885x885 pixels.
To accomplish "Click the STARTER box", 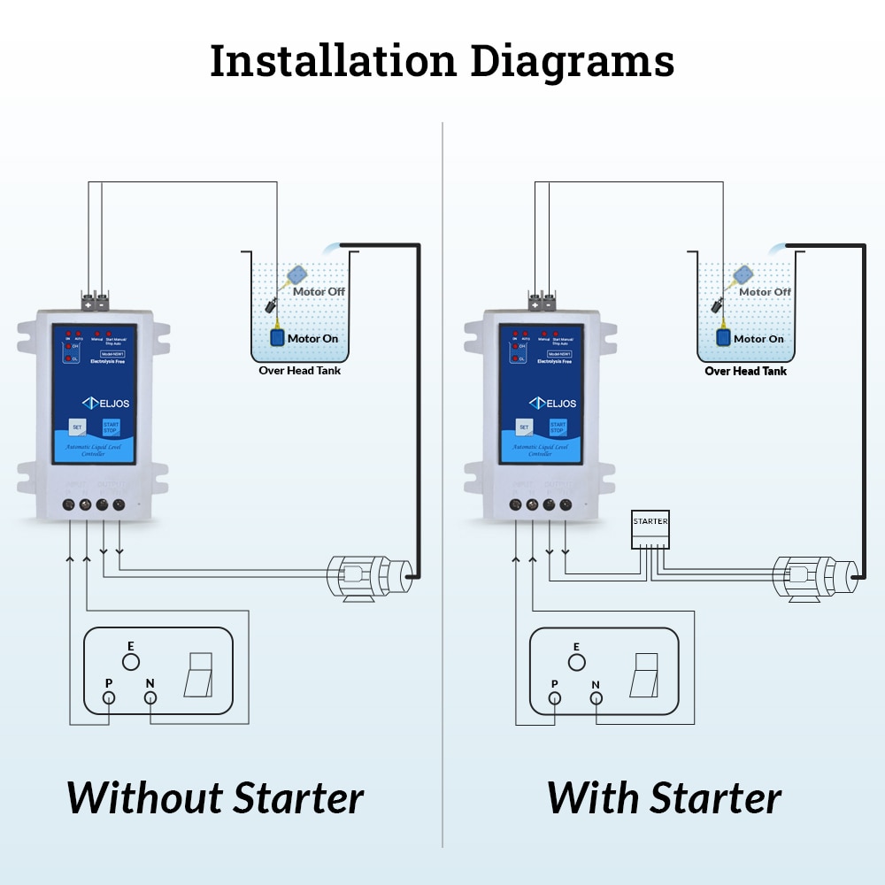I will click(x=650, y=529).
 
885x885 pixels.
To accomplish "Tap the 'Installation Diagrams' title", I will click(x=442, y=61).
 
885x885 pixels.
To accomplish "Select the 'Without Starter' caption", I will click(x=215, y=797).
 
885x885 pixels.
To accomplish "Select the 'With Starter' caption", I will click(x=664, y=797).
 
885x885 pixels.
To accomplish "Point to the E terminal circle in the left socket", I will click(x=130, y=661).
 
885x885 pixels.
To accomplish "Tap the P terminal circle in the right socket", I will click(x=555, y=699).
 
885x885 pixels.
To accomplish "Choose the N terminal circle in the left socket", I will click(x=150, y=699).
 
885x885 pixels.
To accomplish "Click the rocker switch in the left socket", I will click(x=200, y=674).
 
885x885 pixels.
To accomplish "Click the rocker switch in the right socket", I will click(x=646, y=674).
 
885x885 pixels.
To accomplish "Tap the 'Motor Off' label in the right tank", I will click(x=765, y=291).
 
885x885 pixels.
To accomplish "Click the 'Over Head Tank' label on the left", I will click(x=299, y=371).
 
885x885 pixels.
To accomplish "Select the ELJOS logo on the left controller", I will click(x=106, y=403).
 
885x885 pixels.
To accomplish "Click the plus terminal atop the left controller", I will click(x=88, y=304).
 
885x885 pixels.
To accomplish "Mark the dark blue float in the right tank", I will click(x=723, y=337).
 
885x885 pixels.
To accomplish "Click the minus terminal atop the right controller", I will click(x=549, y=304).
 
